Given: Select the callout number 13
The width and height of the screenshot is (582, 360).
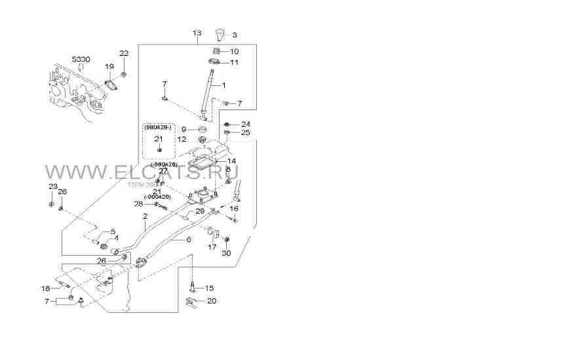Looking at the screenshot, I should point(197,32).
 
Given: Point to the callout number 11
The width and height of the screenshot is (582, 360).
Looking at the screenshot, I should point(234,62).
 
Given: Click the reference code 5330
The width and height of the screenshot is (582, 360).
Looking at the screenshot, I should point(81,59).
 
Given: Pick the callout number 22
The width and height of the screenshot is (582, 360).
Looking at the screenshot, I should point(124,53).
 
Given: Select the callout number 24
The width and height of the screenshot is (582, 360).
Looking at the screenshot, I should point(245,124).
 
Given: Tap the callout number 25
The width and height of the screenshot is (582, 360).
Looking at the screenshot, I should point(245,132).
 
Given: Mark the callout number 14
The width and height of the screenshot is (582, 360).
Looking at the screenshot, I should point(231,161).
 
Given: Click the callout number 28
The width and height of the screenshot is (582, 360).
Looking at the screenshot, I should point(138,204).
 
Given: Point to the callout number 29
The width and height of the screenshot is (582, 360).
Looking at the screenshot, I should point(200,210).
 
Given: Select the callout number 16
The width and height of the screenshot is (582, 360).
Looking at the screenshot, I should point(234,208).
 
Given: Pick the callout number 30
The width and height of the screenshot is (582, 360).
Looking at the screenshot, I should point(226,253).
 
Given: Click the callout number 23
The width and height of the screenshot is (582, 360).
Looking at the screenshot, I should point(52,187).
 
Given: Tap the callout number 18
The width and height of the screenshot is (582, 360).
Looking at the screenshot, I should point(45,289).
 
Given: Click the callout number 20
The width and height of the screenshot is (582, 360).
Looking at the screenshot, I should point(211,301).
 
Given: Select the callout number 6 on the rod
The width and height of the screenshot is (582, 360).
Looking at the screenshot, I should point(188,240).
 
